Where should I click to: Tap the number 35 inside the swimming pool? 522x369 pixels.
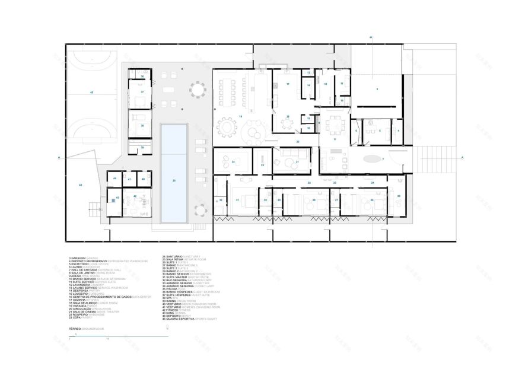point(174,180)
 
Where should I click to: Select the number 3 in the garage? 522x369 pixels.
point(376,88)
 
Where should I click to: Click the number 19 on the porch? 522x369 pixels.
point(240,116)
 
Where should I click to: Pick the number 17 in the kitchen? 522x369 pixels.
point(288,85)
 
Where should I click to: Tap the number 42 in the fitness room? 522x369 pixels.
point(135,196)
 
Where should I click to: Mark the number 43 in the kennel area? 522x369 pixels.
point(80,186)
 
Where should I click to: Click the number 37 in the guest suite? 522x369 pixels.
point(142,92)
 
